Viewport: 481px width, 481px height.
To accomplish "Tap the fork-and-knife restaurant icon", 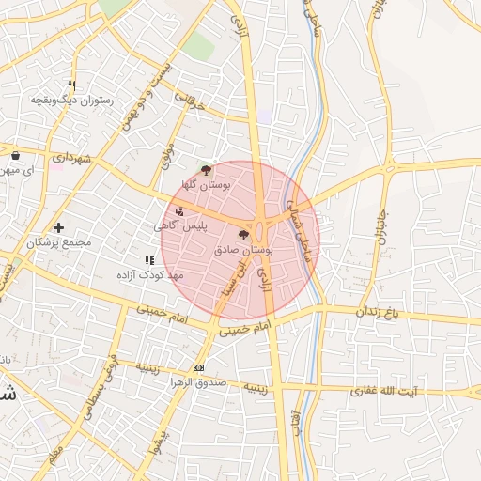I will click(x=71, y=85).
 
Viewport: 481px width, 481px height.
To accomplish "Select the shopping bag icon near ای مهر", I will click(x=16, y=155).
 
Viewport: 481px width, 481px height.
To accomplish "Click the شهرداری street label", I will click(x=69, y=160).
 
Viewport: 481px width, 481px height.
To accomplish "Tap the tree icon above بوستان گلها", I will click(x=206, y=170).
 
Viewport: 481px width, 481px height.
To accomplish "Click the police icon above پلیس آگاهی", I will click(x=179, y=211).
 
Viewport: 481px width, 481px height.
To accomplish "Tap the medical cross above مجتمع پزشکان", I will click(x=58, y=227).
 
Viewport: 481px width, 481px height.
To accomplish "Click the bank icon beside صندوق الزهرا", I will click(x=198, y=367).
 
